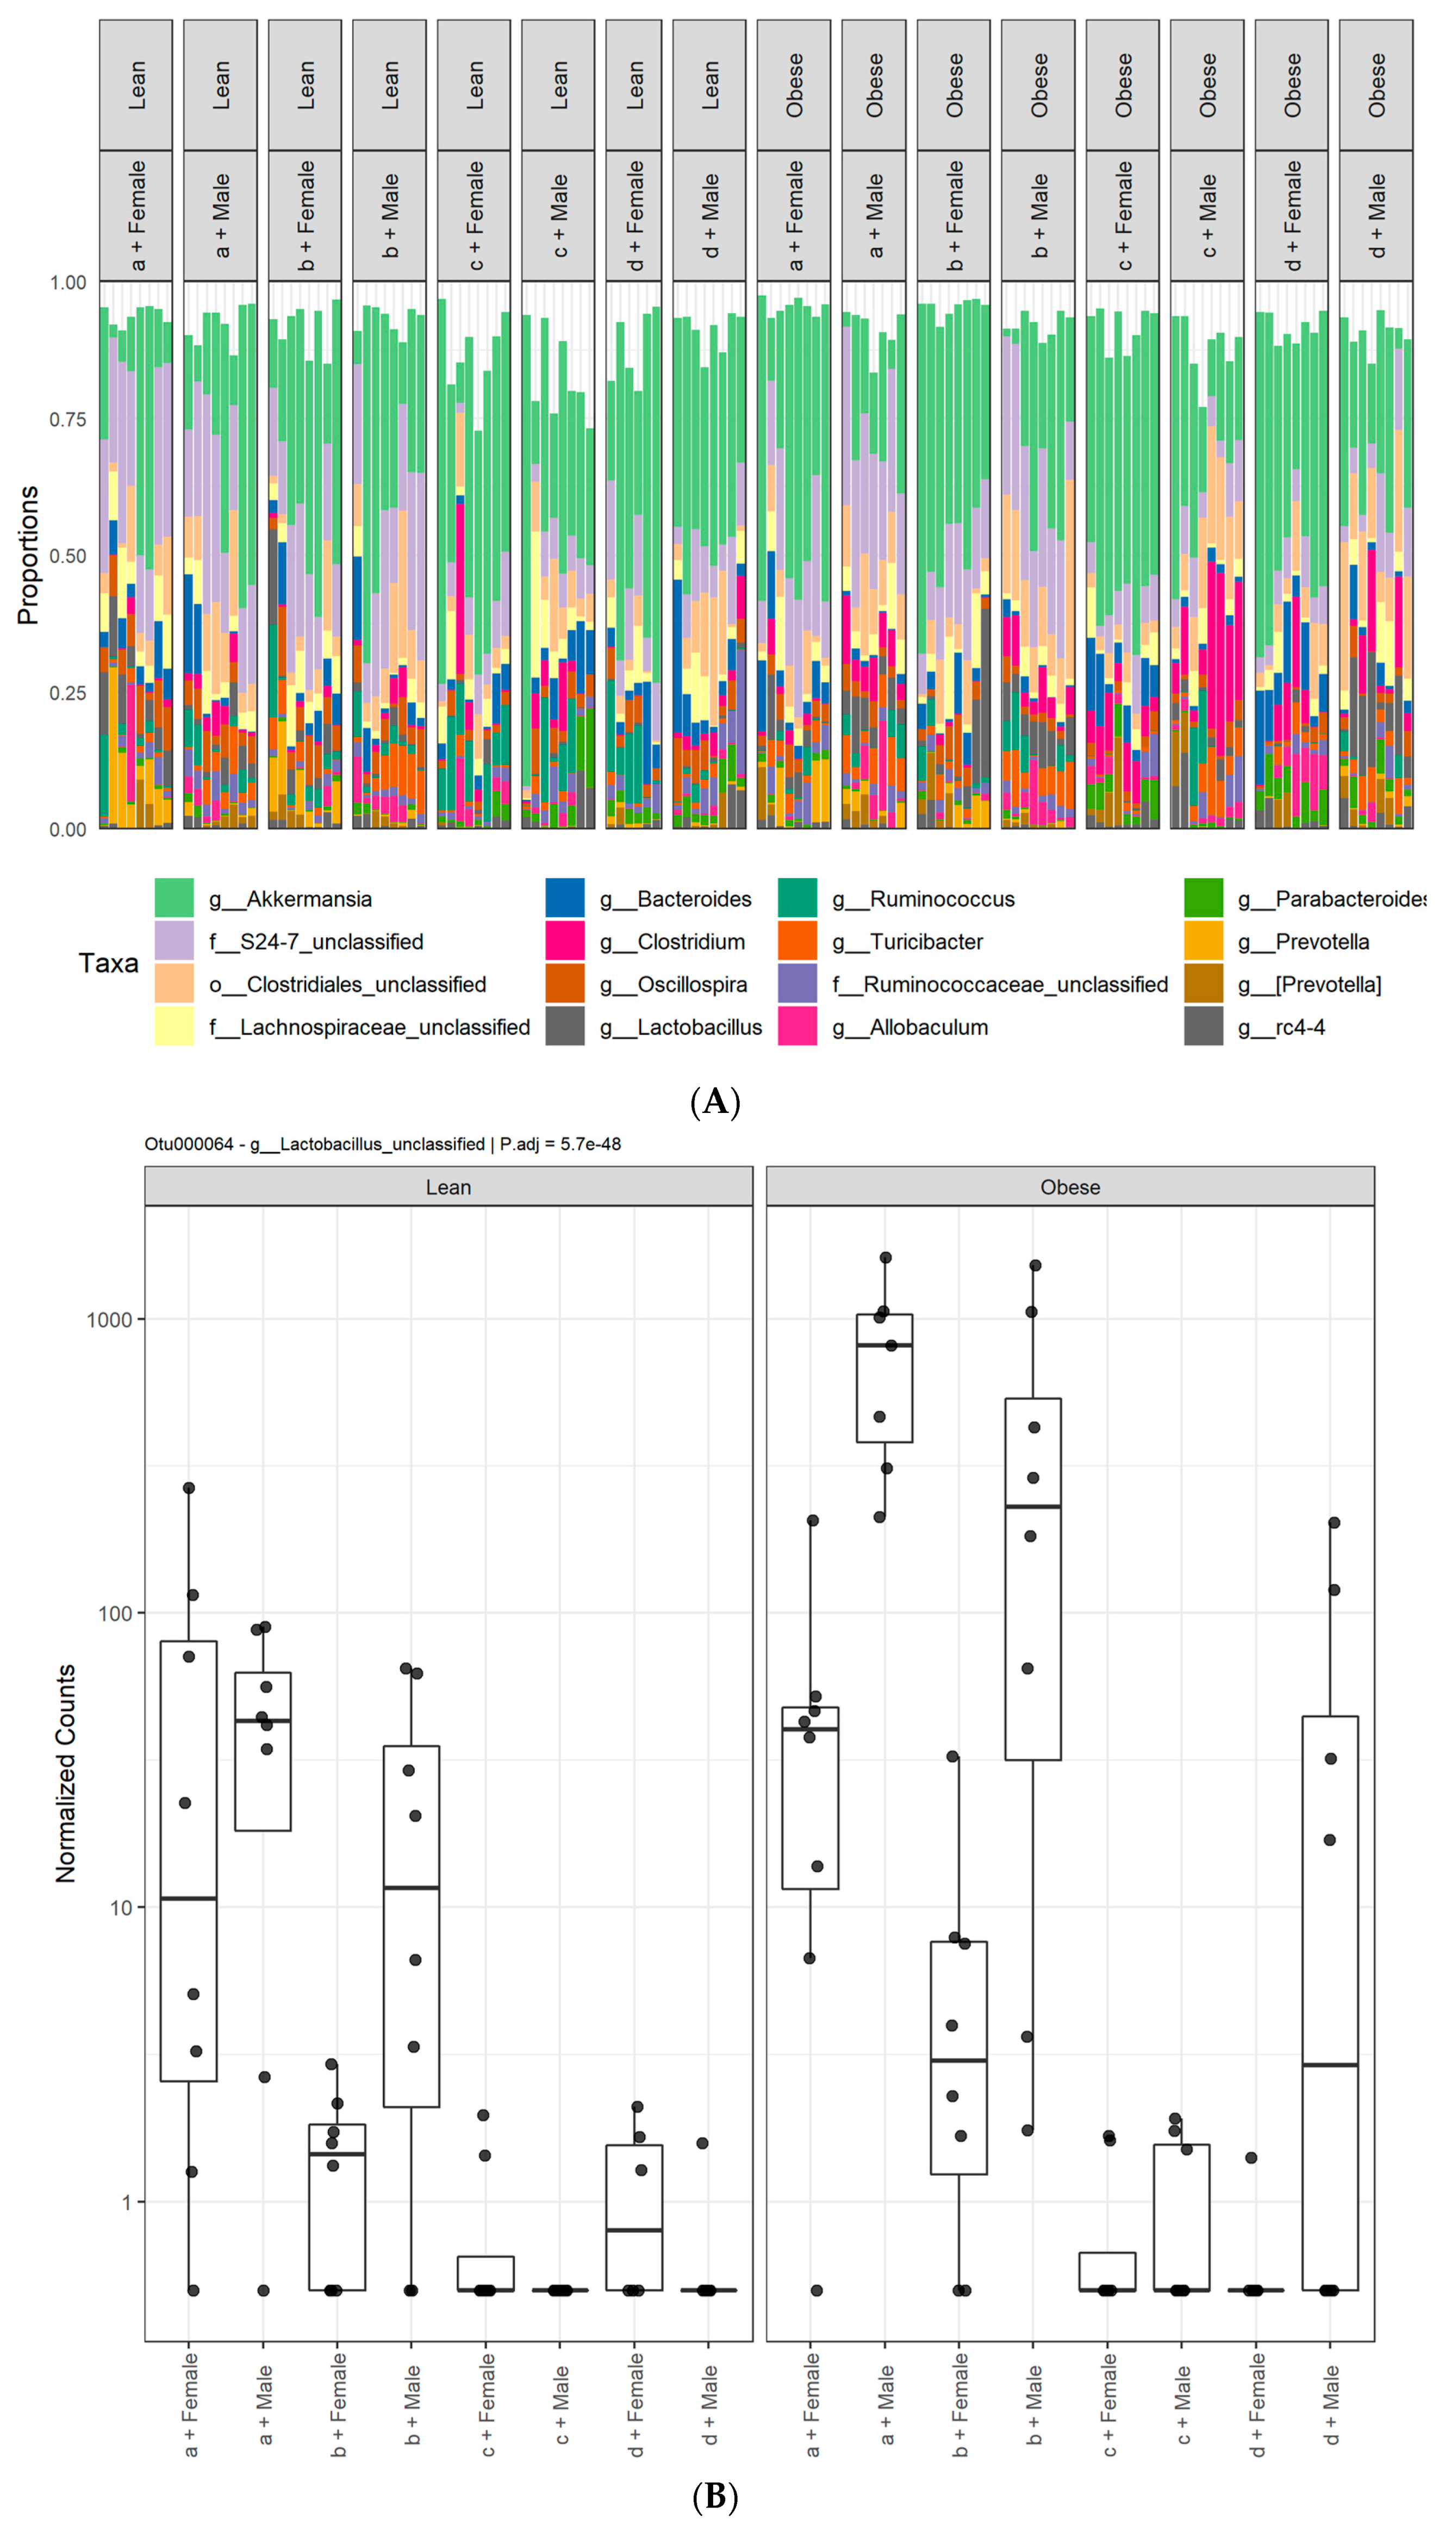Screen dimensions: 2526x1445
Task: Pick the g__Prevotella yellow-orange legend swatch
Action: click(x=1203, y=941)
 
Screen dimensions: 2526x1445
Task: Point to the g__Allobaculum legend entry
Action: click(x=928, y=1026)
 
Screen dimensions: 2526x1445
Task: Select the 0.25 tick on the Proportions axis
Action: click(x=67, y=693)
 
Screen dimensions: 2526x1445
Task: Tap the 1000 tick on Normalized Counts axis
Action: click(x=109, y=1319)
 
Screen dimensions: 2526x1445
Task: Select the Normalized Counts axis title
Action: click(x=65, y=1774)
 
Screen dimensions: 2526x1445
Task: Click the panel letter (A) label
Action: click(x=714, y=1102)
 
